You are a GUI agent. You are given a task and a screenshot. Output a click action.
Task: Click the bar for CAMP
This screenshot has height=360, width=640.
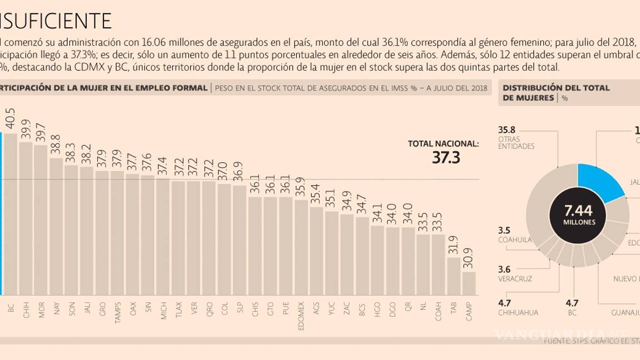[469, 283]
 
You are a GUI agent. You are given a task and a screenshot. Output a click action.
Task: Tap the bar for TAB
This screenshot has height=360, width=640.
[453, 276]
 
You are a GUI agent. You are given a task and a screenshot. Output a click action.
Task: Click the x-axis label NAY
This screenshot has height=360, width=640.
[57, 308]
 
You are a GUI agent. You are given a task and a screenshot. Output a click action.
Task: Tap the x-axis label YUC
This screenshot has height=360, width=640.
[331, 308]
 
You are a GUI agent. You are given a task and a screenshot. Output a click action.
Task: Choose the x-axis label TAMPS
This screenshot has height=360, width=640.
[118, 312]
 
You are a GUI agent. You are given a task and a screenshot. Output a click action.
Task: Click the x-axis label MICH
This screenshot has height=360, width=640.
[163, 309]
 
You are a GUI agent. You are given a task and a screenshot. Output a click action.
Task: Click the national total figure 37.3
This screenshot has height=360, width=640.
[446, 158]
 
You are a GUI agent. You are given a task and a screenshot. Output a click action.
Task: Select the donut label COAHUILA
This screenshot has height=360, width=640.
[514, 240]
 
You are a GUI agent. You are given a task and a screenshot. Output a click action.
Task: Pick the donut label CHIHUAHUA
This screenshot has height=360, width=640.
[518, 312]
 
